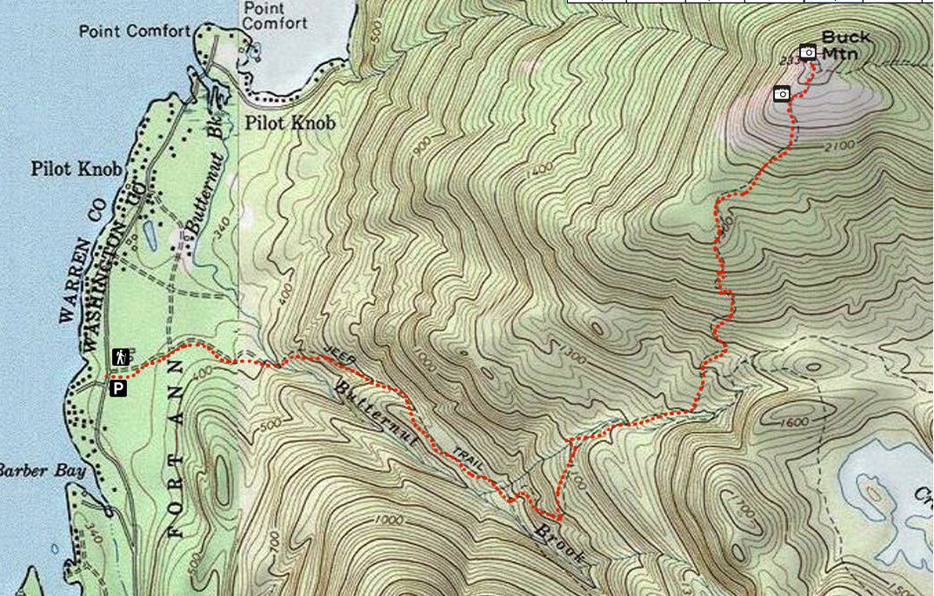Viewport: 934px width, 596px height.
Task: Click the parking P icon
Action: (x=118, y=388)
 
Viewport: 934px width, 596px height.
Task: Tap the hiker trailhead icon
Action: (x=120, y=356)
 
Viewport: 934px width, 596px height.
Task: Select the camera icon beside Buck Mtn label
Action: (x=808, y=52)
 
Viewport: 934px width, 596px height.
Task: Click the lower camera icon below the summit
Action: (x=782, y=93)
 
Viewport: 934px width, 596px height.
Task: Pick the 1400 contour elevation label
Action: (x=537, y=169)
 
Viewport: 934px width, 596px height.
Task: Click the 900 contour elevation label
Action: (x=423, y=149)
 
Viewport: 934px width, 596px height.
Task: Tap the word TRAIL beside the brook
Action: (x=467, y=461)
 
